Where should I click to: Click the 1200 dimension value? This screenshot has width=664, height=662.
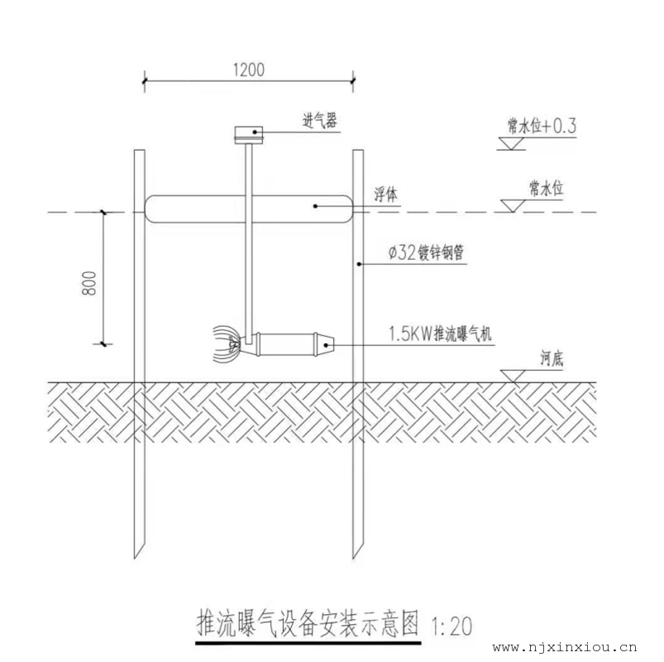pyautogui.click(x=248, y=70)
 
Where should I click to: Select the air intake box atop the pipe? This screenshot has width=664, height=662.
pyautogui.click(x=247, y=132)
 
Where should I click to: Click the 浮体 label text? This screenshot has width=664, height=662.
pyautogui.click(x=385, y=194)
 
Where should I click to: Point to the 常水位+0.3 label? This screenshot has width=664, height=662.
pyautogui.click(x=542, y=126)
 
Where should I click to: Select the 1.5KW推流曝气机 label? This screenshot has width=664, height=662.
pyautogui.click(x=441, y=334)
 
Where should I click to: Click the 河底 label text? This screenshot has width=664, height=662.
pyautogui.click(x=553, y=358)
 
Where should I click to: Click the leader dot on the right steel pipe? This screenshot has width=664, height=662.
pyautogui.click(x=357, y=265)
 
